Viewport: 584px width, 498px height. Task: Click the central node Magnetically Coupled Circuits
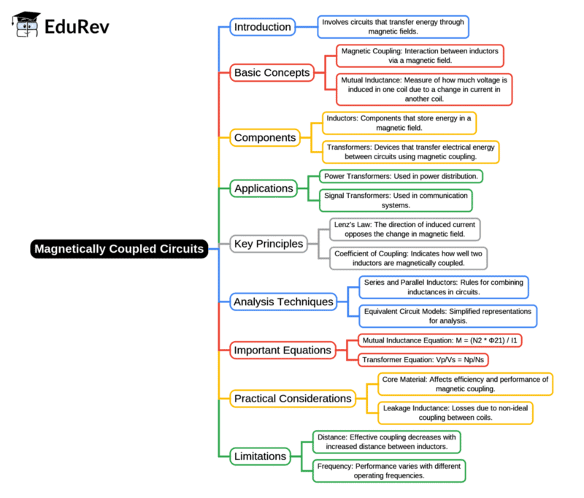coord(120,249)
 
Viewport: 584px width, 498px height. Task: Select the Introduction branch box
coord(262,28)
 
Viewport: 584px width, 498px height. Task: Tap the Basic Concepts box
coord(272,72)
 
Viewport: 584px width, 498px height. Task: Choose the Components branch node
coord(264,137)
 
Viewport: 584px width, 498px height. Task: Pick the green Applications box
coord(263,188)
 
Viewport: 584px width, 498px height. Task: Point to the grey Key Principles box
coord(268,244)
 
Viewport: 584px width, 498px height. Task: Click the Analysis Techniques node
coord(283,301)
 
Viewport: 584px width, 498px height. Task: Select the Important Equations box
coord(282,350)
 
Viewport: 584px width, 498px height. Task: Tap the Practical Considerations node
coord(291,399)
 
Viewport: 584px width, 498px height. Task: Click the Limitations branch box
coord(260,456)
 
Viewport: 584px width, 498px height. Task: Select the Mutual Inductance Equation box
coord(439,340)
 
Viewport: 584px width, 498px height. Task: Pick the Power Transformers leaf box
coord(401,176)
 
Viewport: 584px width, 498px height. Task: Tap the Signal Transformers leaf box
coord(396,200)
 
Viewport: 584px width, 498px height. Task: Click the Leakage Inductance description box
coord(455,413)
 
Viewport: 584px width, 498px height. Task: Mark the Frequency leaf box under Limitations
coord(388,470)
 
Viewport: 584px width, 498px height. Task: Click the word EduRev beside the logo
coord(77,28)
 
